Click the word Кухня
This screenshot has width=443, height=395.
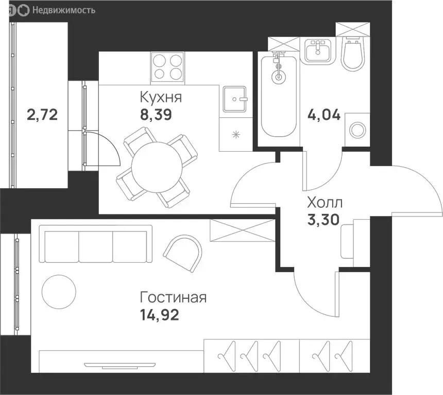tap(161, 97)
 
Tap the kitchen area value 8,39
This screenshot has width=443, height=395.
tap(156, 115)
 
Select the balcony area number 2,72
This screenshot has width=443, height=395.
tap(42, 115)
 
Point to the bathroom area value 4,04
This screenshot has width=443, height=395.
tap(324, 115)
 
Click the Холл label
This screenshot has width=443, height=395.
tap(325, 203)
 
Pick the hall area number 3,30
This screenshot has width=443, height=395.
tap(323, 220)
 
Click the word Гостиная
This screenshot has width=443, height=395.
tap(173, 297)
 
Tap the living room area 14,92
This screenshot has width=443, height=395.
tap(160, 315)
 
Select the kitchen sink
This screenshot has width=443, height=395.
tap(234, 99)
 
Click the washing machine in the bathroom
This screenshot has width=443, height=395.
tap(357, 130)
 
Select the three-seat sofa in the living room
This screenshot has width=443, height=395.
tap(96, 244)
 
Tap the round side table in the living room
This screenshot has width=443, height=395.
tap(59, 292)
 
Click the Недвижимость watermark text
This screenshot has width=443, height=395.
tap(64, 10)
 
